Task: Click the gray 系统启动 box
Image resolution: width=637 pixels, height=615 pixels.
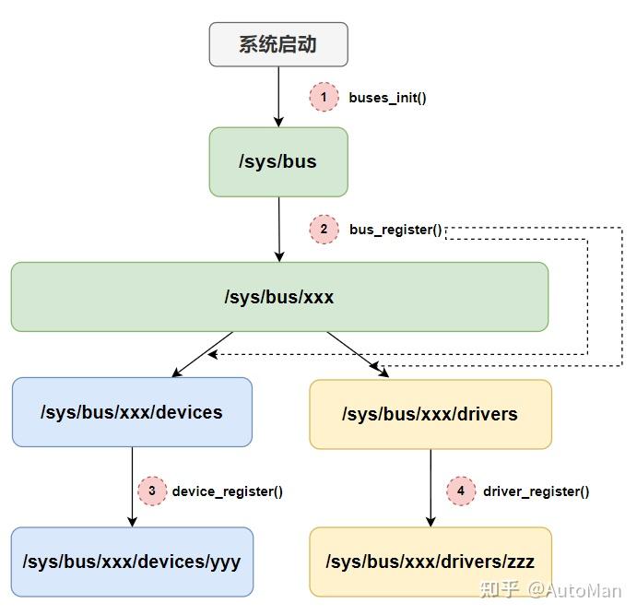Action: point(278,44)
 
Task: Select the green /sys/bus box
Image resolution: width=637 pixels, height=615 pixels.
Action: point(278,161)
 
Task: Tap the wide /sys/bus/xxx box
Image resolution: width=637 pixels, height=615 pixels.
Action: point(279,297)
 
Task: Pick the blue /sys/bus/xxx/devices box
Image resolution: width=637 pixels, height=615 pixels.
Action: point(132,412)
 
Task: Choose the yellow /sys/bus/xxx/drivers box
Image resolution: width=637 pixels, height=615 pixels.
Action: point(430,414)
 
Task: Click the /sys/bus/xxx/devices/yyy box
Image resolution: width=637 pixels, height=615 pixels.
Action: point(132,562)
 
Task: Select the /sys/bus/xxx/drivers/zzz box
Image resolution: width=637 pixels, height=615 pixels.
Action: point(430,562)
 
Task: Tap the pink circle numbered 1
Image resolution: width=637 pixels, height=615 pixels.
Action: point(324,97)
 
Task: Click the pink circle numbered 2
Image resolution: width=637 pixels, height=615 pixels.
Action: point(324,230)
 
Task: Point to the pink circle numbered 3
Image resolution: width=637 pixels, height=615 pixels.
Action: point(152,491)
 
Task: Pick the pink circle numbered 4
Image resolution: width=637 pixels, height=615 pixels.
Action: point(461,491)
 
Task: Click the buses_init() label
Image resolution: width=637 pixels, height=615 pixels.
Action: point(387,97)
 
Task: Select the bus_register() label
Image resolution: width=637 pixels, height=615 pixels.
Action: point(395,230)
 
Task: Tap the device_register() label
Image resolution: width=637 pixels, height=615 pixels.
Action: point(227,491)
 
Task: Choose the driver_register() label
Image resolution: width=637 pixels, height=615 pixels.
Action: point(536,491)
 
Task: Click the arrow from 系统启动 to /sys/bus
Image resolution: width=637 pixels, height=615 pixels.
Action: point(278,97)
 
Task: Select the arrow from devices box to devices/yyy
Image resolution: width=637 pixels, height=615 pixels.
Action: point(132,487)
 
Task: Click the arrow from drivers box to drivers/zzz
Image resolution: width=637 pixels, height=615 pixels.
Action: point(430,488)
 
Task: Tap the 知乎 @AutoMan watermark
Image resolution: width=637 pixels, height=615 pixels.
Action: point(550,590)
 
